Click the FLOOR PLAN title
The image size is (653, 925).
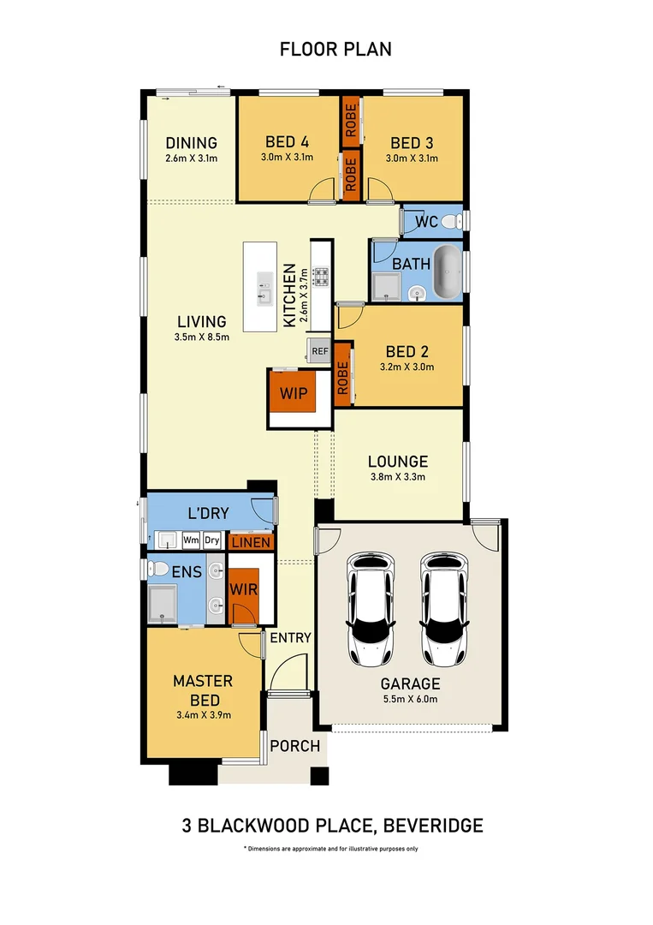335,49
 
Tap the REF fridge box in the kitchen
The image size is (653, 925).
319,350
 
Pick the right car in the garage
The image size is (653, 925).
446,609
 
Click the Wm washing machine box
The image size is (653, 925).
191,540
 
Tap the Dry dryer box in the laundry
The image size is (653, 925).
212,540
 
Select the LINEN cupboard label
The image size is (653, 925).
251,542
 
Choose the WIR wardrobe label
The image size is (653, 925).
243,590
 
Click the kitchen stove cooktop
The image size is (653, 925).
321,276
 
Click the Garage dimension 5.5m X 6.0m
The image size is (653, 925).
411,699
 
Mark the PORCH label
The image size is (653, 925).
295,746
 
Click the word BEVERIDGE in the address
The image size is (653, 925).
434,826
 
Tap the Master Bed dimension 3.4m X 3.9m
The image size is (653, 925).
203,713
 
